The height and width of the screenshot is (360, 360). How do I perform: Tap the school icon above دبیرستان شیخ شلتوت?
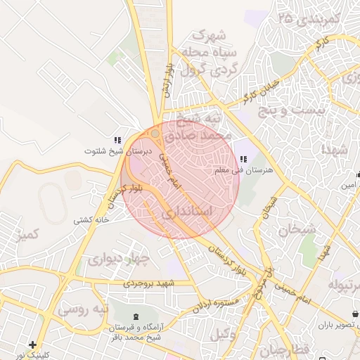[117, 141]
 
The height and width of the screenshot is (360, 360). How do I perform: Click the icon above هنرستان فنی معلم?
[243, 160]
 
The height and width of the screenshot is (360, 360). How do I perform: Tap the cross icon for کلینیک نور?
[32, 345]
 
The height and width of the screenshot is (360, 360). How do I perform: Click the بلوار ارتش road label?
[165, 79]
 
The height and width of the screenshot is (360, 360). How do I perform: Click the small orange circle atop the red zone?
[155, 133]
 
